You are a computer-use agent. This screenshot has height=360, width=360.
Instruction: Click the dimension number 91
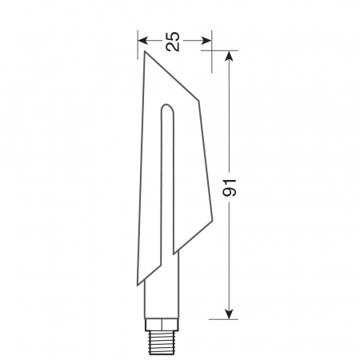(230, 188)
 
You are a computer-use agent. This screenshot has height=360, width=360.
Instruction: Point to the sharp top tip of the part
(145, 54)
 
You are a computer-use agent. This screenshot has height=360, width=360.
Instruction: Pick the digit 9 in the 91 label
(230, 194)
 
